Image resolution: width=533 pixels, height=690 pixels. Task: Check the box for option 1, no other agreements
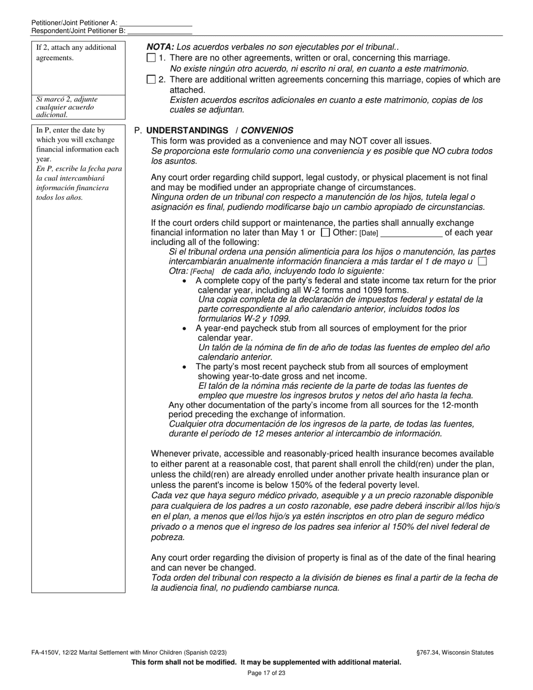[x=150, y=58]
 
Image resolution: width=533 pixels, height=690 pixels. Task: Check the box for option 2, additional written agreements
[x=150, y=80]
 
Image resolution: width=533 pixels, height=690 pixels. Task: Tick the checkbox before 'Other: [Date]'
[x=325, y=232]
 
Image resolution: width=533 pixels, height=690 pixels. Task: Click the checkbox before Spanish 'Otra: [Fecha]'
[x=482, y=261]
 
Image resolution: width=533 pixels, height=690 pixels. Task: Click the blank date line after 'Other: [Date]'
[x=411, y=233]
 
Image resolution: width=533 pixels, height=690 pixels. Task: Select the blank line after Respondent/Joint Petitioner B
[x=160, y=31]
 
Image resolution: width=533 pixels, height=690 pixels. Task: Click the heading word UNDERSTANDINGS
[x=187, y=130]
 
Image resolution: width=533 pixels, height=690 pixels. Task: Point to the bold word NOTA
[x=160, y=48]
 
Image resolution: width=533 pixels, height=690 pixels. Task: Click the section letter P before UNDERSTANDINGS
[x=137, y=130]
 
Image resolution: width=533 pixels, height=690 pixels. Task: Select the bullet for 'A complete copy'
[x=185, y=280]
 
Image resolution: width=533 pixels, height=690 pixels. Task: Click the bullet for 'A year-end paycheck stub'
[x=185, y=329]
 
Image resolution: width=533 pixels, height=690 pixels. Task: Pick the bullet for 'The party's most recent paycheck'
[x=185, y=367]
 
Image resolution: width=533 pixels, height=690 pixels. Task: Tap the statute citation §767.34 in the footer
[x=429, y=652]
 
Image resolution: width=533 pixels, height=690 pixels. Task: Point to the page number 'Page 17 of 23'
[x=266, y=673]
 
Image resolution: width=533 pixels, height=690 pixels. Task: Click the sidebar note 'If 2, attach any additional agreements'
[x=76, y=52]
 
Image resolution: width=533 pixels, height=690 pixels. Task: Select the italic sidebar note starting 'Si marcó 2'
[x=65, y=107]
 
